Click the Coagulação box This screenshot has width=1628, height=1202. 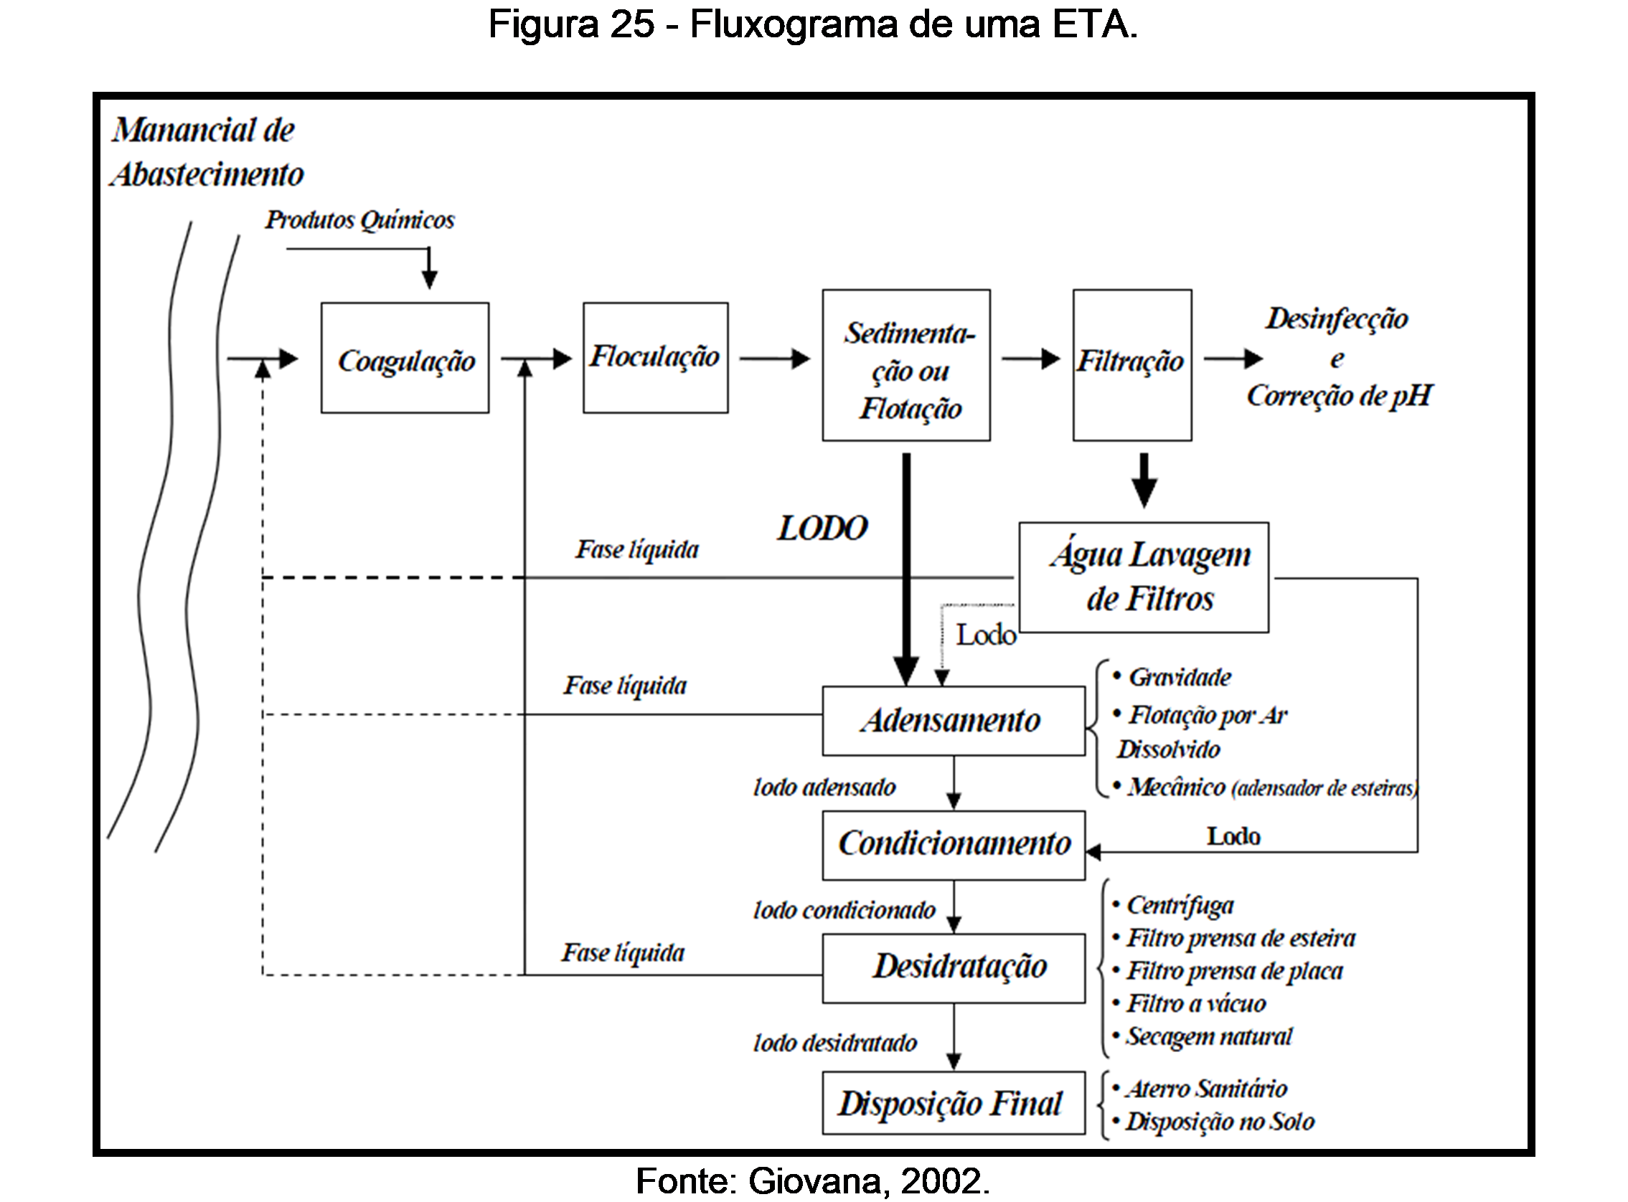coord(405,358)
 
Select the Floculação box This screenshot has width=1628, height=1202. coord(655,358)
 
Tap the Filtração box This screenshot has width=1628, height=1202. coord(1131,364)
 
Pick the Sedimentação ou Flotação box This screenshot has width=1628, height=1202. coord(906,365)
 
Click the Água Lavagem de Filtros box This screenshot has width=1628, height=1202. coord(1143,577)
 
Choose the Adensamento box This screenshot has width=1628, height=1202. coord(954,720)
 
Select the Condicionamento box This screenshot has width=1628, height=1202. coord(954,845)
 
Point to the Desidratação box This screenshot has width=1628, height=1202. coord(954,967)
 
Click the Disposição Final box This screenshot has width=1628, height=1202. coord(954,1103)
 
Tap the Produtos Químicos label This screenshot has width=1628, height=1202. coord(359,219)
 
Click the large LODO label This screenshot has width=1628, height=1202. coord(822,529)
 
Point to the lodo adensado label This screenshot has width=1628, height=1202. coord(824,787)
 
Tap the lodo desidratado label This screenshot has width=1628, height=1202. coord(834,1044)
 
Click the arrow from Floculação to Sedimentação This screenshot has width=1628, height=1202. coord(774,358)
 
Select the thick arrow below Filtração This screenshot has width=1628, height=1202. coord(1144,481)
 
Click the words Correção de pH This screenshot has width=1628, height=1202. coord(1339,396)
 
